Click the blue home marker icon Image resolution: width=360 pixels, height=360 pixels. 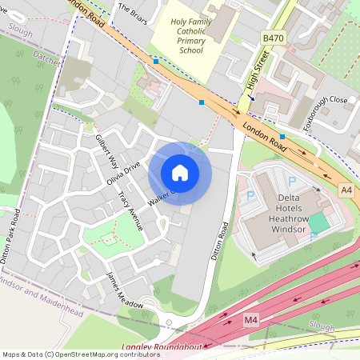click(180, 173)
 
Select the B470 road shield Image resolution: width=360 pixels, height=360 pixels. click(274, 37)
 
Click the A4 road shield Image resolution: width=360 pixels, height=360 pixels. click(346, 190)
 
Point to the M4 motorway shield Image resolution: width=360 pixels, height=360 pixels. click(250, 320)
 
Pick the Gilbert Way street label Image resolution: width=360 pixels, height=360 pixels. click(106, 150)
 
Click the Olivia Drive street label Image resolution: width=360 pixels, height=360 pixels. click(123, 173)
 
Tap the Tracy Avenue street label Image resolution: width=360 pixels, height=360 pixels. click(129, 210)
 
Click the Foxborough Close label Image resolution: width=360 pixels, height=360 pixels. click(327, 101)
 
